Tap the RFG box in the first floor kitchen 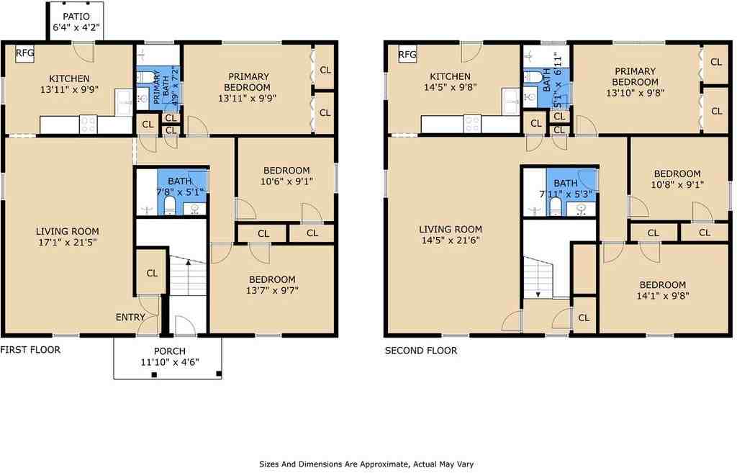(x=25, y=53)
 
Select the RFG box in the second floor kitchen (x=407, y=55)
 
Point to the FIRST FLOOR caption (x=30, y=350)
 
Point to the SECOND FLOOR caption (x=420, y=351)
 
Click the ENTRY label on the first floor (x=130, y=317)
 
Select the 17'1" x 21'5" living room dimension (x=67, y=243)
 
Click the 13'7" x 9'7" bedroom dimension (x=272, y=291)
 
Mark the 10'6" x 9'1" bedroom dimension (x=286, y=181)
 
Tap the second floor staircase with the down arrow (x=538, y=279)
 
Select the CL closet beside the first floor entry (x=152, y=273)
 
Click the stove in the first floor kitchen (x=88, y=125)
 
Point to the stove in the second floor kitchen (x=472, y=125)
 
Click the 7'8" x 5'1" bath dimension (x=181, y=192)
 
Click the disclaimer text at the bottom (x=366, y=464)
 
